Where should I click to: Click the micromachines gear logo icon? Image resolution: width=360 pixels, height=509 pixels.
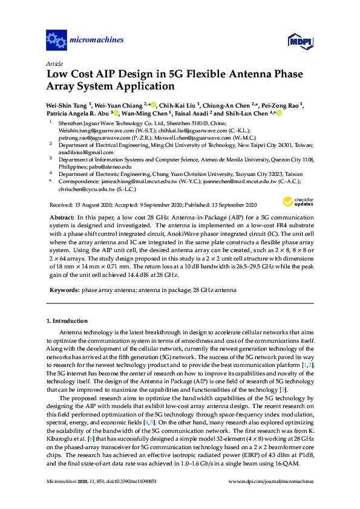pos(56,41)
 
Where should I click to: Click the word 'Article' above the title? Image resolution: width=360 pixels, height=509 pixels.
pos(54,63)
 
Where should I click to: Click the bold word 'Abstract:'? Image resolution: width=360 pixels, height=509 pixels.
pos(62,216)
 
